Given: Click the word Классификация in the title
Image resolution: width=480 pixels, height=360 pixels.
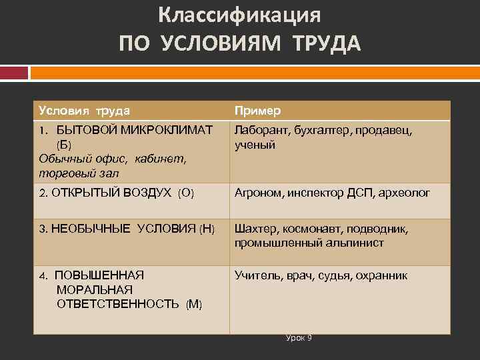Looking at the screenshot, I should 240,15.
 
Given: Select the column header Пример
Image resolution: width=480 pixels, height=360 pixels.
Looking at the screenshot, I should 257,110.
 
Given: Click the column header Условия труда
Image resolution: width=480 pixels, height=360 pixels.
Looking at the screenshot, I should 84,110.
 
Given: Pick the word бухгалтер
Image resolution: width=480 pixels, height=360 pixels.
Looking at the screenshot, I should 318,131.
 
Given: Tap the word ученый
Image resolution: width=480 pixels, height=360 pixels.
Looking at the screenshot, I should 255,145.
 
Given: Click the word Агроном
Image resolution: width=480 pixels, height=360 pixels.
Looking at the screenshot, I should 259,193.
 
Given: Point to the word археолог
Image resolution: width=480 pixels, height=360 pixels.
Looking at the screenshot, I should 405,193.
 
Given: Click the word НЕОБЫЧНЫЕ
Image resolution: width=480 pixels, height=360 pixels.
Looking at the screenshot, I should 92,229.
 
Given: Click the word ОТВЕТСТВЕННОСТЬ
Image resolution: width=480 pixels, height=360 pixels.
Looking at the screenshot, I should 118,304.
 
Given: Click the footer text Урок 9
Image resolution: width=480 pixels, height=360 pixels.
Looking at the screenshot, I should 299,338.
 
